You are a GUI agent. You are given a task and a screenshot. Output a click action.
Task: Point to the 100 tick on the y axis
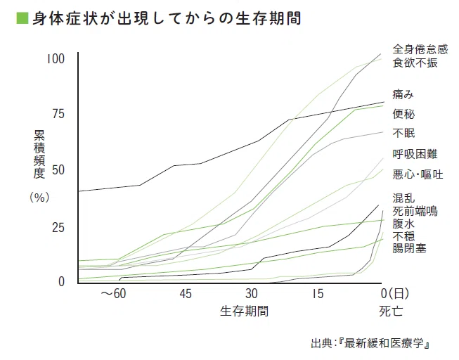pyautogui.click(x=56, y=58)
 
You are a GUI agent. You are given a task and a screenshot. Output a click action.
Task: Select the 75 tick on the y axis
pyautogui.click(x=59, y=114)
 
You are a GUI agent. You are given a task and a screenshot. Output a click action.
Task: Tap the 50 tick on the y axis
pyautogui.click(x=59, y=170)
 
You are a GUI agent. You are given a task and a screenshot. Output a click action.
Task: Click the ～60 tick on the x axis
pyautogui.click(x=114, y=293)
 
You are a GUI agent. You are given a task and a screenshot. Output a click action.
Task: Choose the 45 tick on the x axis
pyautogui.click(x=186, y=293)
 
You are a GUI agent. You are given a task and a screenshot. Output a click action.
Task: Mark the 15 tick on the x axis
pyautogui.click(x=318, y=293)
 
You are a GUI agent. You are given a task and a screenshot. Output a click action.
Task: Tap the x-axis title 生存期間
pyautogui.click(x=244, y=309)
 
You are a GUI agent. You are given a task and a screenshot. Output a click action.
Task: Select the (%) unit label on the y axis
pyautogui.click(x=39, y=198)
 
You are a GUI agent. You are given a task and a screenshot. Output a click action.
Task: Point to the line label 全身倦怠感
pyautogui.click(x=420, y=49)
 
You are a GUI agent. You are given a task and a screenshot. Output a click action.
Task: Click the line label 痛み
pyautogui.click(x=403, y=94)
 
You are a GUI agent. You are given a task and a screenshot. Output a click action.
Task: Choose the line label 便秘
pyautogui.click(x=403, y=113)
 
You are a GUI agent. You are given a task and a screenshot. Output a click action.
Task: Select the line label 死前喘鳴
pyautogui.click(x=415, y=210)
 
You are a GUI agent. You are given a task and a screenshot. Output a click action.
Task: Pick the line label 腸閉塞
pyautogui.click(x=408, y=248)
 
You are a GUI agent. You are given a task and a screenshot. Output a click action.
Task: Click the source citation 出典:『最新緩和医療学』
pyautogui.click(x=370, y=345)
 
